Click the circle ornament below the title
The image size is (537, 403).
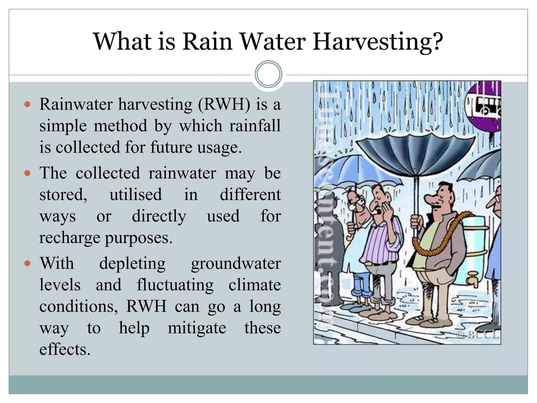pyautogui.click(x=268, y=74)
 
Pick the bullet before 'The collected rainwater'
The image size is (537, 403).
pyautogui.click(x=27, y=173)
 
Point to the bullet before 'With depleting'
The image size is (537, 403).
pyautogui.click(x=27, y=263)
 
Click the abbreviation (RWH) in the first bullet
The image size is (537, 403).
pyautogui.click(x=224, y=104)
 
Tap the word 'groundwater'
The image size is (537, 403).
pyautogui.click(x=236, y=263)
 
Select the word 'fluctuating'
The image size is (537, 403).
pyautogui.click(x=175, y=285)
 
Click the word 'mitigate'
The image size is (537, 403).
pyautogui.click(x=197, y=328)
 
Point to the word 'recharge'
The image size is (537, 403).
pyautogui.click(x=69, y=238)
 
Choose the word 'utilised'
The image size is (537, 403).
pyautogui.click(x=136, y=195)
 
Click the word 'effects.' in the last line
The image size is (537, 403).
pyautogui.click(x=65, y=349)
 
